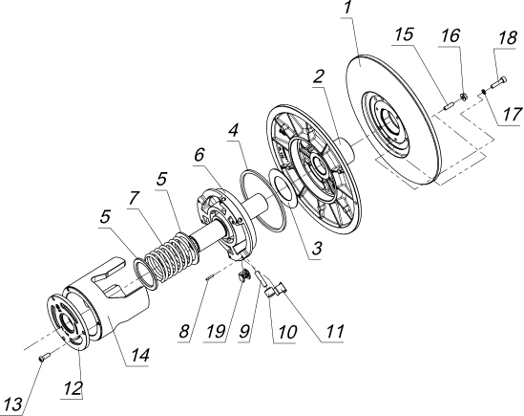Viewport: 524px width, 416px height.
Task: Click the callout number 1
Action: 347,8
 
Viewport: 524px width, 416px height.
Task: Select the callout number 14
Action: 139,355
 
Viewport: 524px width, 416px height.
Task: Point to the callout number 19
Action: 215,332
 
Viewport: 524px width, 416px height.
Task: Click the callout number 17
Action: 512,115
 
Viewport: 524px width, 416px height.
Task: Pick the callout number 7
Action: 133,198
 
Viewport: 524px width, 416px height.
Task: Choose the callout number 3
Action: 316,249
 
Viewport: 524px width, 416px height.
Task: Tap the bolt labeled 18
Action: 498,82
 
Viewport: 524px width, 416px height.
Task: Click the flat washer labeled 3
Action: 283,189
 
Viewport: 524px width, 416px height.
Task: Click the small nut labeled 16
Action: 463,97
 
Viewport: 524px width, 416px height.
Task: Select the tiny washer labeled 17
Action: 483,91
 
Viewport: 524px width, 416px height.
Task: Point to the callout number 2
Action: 319,77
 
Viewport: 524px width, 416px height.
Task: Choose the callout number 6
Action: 199,155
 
